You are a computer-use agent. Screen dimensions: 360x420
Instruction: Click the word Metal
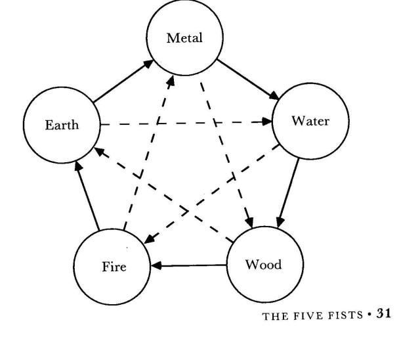pos(184,37)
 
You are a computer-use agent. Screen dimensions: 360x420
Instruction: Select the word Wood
pos(263,265)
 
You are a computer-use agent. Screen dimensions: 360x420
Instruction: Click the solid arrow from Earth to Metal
pos(124,82)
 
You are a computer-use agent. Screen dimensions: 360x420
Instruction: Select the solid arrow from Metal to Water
pos(248,81)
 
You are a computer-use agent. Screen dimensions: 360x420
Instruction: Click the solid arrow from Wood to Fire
pos(190,266)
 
